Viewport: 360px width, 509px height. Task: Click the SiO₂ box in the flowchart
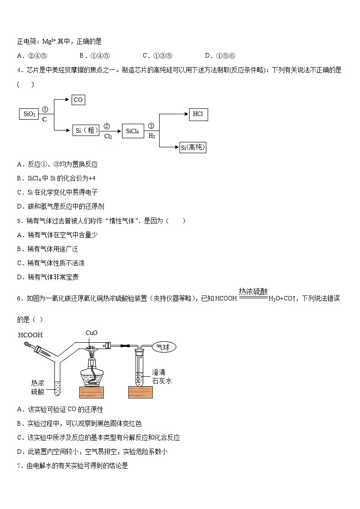coord(29,114)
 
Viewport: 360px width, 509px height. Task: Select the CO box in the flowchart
coord(78,100)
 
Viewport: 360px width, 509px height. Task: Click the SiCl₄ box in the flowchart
coord(132,131)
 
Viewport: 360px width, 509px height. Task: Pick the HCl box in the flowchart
coord(198,114)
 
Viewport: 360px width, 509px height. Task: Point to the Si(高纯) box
coord(193,147)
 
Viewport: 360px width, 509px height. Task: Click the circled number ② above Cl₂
coord(107,126)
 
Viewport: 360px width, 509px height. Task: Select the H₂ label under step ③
coord(151,136)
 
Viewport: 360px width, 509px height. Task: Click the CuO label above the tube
coord(92,333)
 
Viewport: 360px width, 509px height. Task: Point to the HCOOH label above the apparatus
coord(30,335)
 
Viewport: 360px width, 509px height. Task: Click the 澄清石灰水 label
coord(162,377)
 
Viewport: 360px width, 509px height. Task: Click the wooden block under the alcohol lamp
coord(94,392)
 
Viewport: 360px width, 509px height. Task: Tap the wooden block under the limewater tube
coord(141,392)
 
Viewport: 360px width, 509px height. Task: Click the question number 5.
coord(19,221)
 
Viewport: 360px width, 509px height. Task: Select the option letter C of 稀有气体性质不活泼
coord(19,263)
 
